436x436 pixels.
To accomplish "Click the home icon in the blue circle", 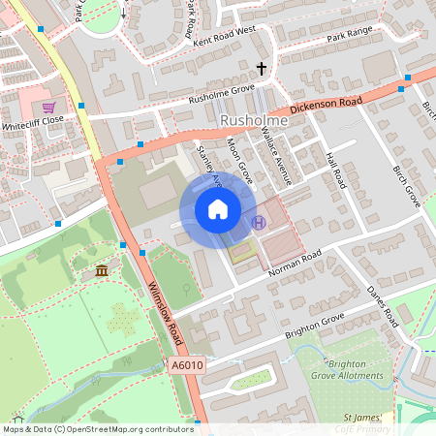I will pyautogui.click(x=218, y=209).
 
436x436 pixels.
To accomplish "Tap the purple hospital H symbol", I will pyautogui.click(x=258, y=222).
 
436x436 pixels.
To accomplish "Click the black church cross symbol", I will pyautogui.click(x=261, y=69).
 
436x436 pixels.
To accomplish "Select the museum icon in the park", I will pyautogui.click(x=103, y=270).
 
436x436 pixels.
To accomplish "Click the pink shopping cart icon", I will pyautogui.click(x=48, y=107).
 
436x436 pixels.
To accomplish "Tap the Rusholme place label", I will pyautogui.click(x=250, y=120).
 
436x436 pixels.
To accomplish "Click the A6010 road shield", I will pyautogui.click(x=186, y=365).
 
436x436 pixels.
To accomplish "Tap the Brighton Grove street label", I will pyautogui.click(x=315, y=326).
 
